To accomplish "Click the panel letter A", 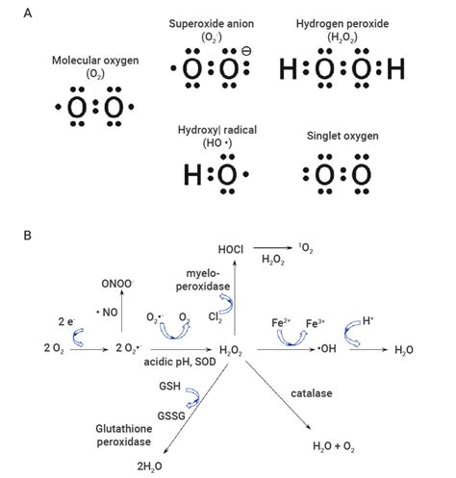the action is tap(28, 13).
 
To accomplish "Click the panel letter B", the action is tap(28, 236).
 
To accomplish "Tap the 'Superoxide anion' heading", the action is tap(212, 24).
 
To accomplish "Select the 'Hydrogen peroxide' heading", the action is tap(342, 24).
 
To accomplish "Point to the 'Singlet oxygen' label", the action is tap(342, 136).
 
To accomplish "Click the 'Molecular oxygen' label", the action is tap(95, 61).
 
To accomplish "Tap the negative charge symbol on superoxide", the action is tap(246, 51).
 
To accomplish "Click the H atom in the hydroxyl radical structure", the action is tap(192, 174).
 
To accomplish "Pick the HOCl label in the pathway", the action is tap(231, 249).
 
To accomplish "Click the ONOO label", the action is tap(117, 284).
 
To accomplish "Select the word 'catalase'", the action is tap(312, 393).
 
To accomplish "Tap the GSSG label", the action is tap(171, 416).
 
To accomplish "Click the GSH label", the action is tap(169, 386).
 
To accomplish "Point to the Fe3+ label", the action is tap(315, 323).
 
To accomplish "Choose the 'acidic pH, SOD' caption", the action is tap(180, 362).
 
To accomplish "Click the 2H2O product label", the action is tap(149, 466).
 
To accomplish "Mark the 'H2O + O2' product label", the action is tap(334, 446).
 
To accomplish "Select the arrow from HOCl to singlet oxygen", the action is tap(272, 247).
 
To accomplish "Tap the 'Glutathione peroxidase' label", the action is tap(124, 435).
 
